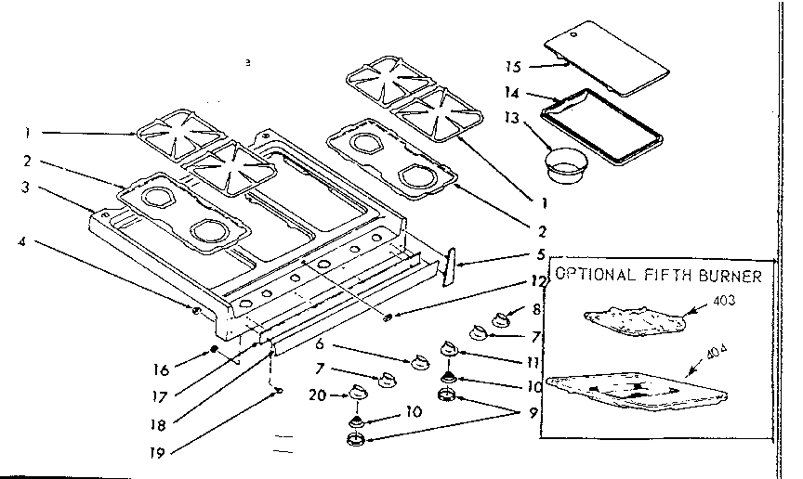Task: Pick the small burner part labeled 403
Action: click(636, 320)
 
